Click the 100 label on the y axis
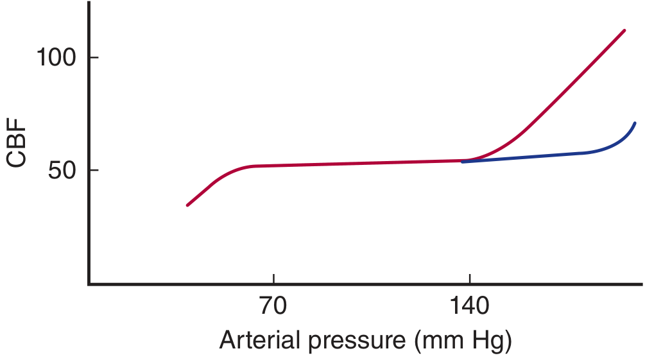56,56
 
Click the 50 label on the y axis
62,170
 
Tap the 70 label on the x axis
273,305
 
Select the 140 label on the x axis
469,305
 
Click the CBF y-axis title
16,142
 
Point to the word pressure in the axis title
357,342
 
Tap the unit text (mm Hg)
463,341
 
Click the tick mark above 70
273,279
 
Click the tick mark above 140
469,279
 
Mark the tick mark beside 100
94,57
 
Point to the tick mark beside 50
94,170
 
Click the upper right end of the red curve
624,30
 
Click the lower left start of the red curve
187,205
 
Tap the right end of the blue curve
635,123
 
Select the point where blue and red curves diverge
469,160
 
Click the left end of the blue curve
463,162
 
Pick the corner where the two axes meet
89,284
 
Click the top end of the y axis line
89,2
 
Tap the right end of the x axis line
642,284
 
